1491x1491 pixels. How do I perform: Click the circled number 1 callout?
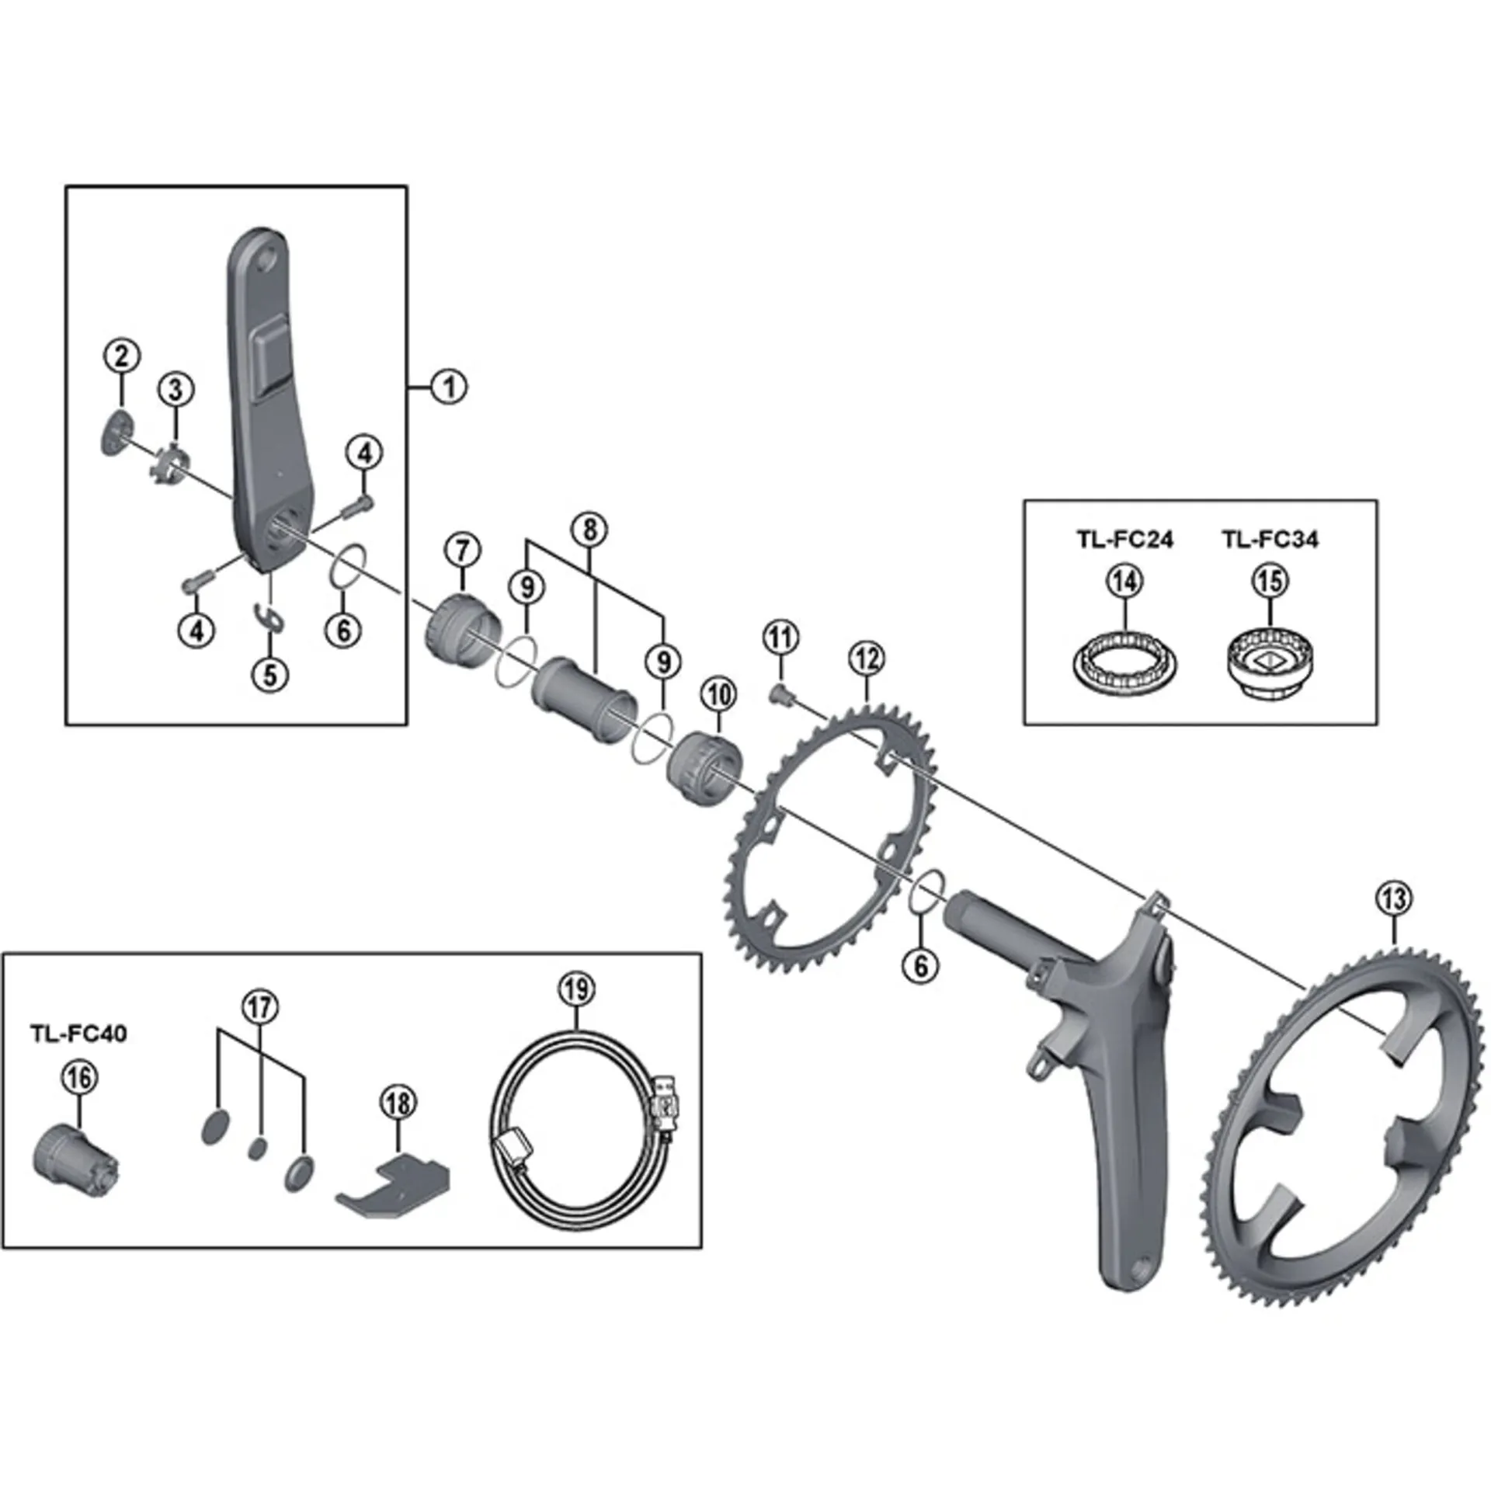[449, 386]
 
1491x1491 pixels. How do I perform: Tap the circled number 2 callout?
[122, 356]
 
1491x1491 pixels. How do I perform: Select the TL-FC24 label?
[1124, 539]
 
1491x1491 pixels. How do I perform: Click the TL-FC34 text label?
[1270, 539]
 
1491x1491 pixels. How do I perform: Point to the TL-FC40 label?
[78, 1034]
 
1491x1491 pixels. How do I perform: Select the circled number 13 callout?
[1393, 899]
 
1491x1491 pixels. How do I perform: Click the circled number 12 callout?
[867, 659]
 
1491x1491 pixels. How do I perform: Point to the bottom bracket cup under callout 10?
[703, 764]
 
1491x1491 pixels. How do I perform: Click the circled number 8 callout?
[589, 530]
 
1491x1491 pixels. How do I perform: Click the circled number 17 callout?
[260, 1008]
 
